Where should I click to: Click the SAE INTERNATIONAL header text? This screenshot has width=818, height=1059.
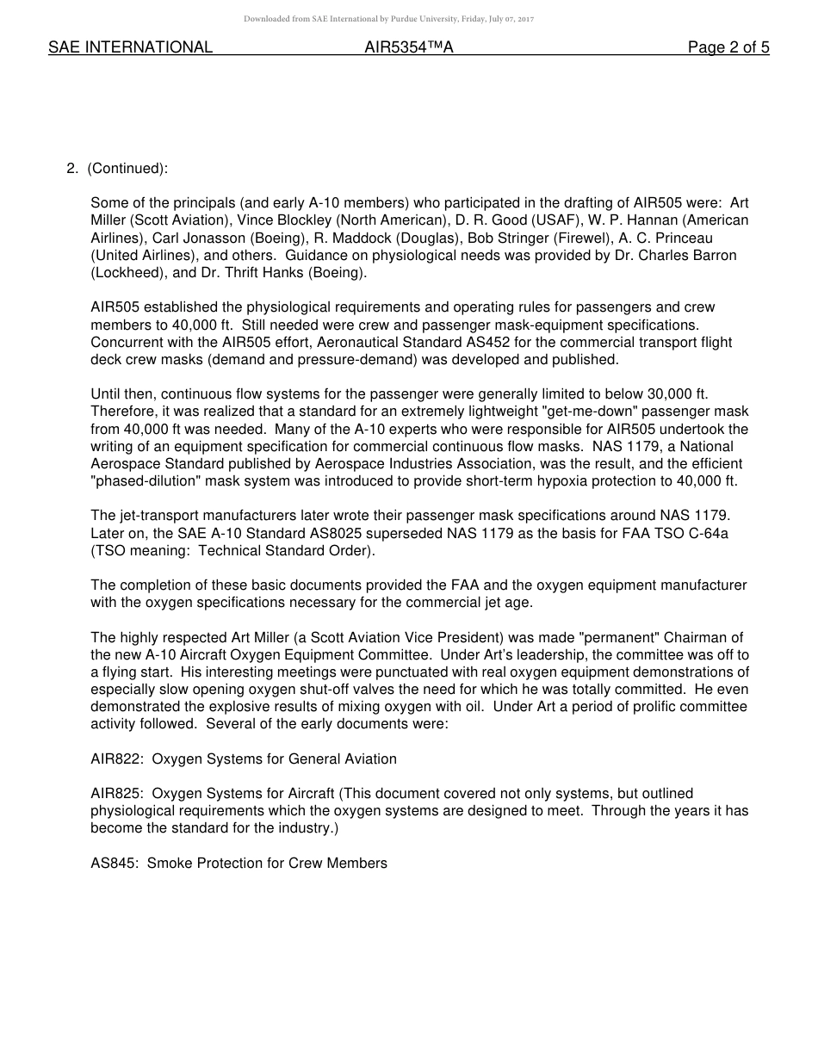[x=130, y=48]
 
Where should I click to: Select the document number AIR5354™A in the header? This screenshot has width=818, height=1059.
[x=409, y=48]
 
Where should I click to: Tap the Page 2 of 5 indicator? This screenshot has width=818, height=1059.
[x=728, y=48]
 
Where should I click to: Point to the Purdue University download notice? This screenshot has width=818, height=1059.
[x=388, y=19]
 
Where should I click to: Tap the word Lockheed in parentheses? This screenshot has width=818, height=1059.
[x=123, y=273]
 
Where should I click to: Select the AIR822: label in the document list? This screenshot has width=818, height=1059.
[x=116, y=759]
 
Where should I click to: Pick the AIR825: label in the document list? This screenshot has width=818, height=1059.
[x=116, y=793]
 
